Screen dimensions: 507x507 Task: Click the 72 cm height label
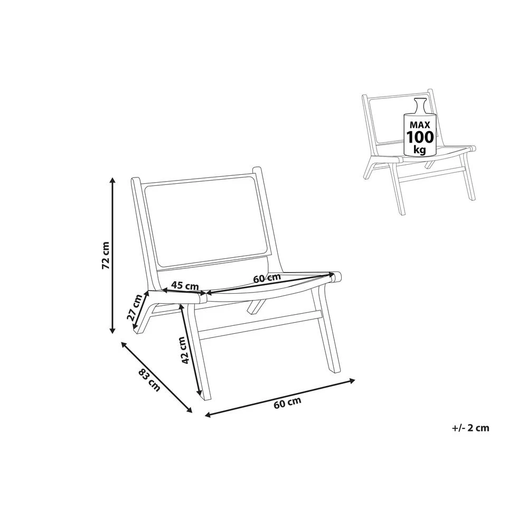coord(106,256)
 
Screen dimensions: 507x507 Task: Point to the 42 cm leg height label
coord(184,351)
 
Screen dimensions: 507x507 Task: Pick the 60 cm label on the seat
coord(267,278)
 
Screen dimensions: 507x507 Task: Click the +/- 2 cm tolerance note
coord(471,428)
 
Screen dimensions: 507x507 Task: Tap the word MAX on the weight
coord(420,124)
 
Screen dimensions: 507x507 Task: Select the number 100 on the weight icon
coord(420,137)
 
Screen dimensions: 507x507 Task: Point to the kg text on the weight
coord(420,149)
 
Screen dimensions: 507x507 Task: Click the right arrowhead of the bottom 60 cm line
coord(353,380)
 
